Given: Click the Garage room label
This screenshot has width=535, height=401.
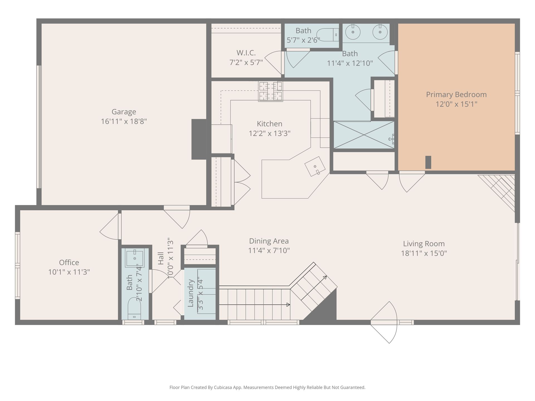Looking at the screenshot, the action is (124, 112).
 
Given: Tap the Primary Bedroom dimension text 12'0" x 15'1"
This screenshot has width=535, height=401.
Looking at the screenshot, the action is (456, 104).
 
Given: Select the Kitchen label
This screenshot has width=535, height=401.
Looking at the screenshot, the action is (269, 124).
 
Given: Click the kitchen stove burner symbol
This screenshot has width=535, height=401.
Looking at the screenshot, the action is (270, 91).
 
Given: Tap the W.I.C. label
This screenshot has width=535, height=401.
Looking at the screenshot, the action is (246, 53).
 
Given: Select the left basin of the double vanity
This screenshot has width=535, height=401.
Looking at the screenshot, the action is (353, 32).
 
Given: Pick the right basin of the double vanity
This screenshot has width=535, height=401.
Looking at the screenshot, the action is (380, 32).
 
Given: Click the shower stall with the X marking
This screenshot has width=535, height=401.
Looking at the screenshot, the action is (364, 135).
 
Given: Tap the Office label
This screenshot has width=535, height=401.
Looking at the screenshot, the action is (69, 262).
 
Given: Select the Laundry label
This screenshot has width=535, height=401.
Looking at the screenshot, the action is (190, 293).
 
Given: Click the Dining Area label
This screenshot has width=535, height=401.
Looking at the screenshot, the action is (269, 241).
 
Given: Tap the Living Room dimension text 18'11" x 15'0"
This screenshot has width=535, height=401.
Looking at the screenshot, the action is (424, 253).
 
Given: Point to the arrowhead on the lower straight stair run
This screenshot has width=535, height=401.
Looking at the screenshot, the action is (288, 305).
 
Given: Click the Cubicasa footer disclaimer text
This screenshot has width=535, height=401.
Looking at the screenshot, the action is (267, 387).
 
